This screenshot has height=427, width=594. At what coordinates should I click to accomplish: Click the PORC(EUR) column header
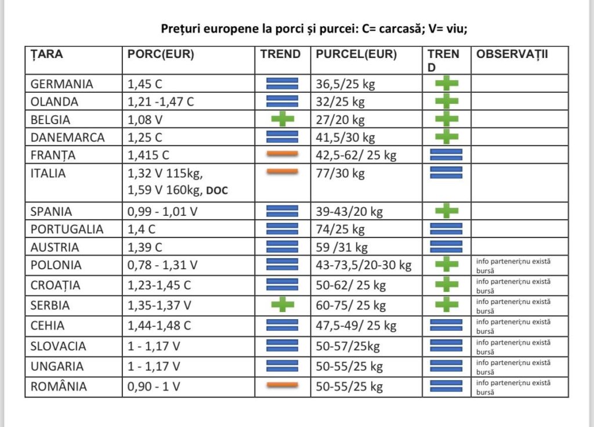point(161,54)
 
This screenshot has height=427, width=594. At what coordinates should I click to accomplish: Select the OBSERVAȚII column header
point(512,54)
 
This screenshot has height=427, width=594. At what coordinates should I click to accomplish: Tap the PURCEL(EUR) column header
point(356,54)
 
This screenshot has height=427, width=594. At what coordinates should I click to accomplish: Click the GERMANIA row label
point(61,84)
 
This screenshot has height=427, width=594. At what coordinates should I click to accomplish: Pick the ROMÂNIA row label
point(59,386)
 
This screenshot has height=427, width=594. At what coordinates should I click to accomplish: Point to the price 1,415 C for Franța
point(148,155)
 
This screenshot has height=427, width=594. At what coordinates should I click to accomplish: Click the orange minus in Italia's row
point(282,172)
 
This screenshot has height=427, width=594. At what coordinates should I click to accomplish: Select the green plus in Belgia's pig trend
point(282,119)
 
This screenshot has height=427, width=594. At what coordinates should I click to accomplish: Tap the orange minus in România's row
point(282,385)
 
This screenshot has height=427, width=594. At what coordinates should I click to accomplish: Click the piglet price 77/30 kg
point(340,173)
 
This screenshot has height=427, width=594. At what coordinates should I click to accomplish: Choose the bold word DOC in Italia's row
point(217,190)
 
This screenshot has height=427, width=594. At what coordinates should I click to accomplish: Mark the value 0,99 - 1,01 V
point(162,211)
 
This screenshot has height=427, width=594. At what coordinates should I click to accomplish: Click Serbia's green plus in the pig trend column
point(282,304)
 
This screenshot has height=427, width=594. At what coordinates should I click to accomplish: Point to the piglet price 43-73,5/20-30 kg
point(364,265)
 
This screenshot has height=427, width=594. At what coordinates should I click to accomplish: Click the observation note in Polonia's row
point(513,266)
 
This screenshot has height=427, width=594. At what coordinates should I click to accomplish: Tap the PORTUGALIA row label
point(67,229)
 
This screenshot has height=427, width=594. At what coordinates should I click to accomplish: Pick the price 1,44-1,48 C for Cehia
point(159,325)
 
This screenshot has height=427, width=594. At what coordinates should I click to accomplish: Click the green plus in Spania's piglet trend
point(447,211)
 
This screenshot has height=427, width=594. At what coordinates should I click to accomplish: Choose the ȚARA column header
point(46,54)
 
